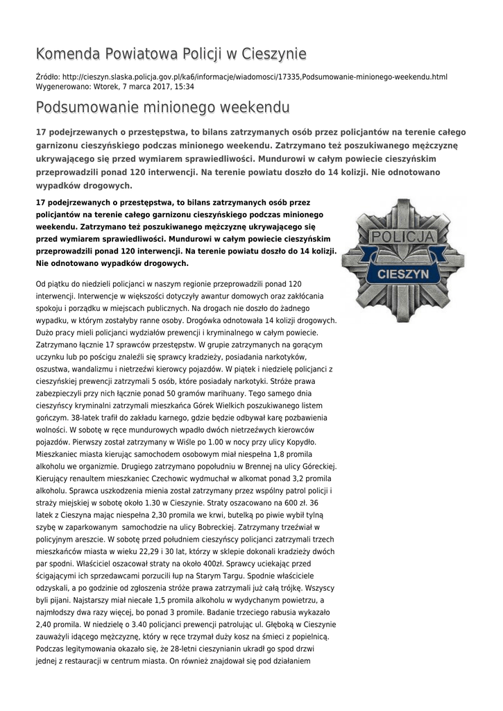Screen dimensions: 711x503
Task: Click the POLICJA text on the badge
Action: [x=403, y=238]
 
